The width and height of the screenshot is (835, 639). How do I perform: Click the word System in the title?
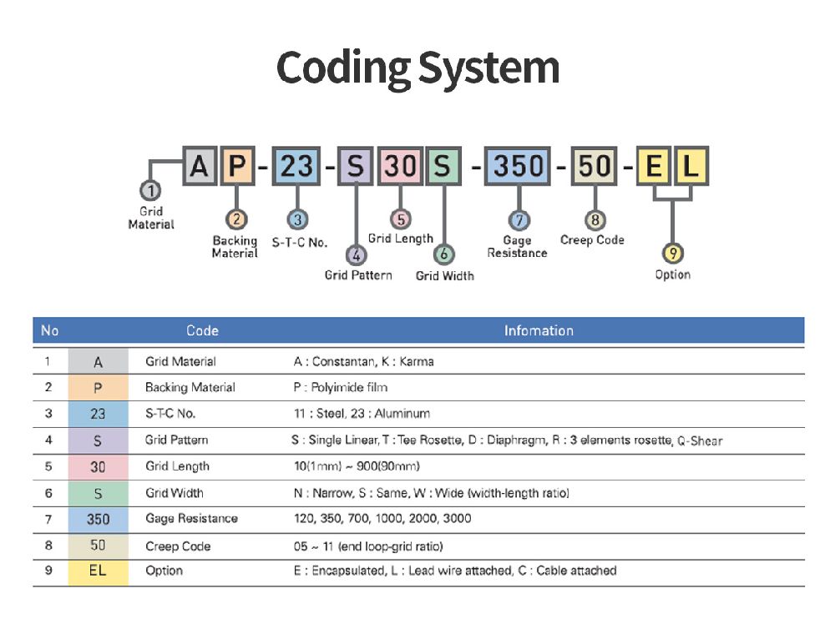(x=488, y=69)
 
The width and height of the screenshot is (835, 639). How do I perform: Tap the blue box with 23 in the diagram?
(x=296, y=166)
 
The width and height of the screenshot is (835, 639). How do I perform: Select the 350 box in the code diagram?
(x=517, y=166)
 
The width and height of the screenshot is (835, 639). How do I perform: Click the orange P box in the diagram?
(x=237, y=166)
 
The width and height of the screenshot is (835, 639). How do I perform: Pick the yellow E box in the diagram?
(x=654, y=166)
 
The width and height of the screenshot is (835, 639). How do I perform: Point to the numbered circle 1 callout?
(x=150, y=190)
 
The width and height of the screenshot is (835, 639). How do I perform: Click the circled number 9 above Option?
(x=672, y=254)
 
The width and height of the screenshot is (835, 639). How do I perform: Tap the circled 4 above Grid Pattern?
(x=356, y=255)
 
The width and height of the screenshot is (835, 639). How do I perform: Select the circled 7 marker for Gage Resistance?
(x=519, y=220)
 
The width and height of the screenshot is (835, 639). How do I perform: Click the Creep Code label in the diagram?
(x=592, y=240)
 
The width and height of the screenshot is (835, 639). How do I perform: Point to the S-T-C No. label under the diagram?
(x=299, y=243)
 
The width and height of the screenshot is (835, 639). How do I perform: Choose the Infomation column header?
(x=539, y=330)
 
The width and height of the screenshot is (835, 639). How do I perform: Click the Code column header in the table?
(x=202, y=330)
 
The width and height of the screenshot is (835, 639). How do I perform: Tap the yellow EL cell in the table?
(x=98, y=572)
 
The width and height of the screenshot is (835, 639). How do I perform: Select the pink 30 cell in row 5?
(x=98, y=467)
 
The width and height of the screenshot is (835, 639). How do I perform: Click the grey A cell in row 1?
(x=98, y=362)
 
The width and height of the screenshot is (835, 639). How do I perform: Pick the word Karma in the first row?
(x=417, y=362)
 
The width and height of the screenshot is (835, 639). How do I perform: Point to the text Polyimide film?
(x=349, y=387)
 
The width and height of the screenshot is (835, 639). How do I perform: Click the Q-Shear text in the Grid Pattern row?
(x=700, y=440)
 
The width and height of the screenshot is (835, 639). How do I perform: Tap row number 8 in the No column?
(x=48, y=546)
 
